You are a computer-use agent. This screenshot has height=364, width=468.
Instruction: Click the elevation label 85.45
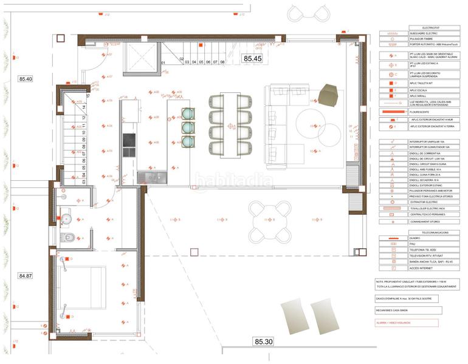(x=253, y=59)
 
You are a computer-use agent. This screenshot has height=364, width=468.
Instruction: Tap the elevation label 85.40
(x=26, y=79)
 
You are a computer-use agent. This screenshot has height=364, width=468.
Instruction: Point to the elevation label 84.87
(x=26, y=275)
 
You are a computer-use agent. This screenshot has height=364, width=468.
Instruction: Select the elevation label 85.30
(x=264, y=342)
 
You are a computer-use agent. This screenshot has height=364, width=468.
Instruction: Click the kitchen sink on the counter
(x=152, y=177)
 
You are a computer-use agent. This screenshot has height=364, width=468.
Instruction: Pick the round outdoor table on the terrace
(x=270, y=220)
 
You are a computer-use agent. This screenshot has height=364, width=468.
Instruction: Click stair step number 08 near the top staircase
(x=222, y=62)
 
